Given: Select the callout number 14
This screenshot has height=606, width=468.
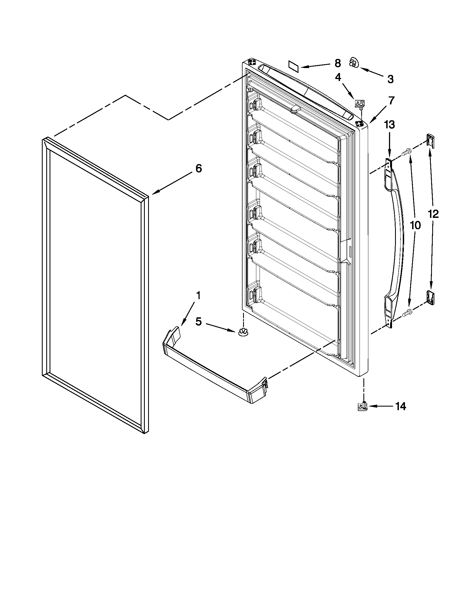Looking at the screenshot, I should tap(400, 406).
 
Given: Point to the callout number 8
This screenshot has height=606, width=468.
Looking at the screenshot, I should tap(337, 63).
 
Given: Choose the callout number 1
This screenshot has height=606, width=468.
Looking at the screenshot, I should tap(198, 296).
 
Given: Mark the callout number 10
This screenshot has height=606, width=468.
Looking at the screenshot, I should tap(415, 225).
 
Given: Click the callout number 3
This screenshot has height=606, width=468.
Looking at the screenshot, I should tap(390, 79).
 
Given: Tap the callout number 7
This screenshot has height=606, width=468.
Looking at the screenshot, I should tap(391, 101).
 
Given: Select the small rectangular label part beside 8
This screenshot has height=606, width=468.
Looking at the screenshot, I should tap(293, 67).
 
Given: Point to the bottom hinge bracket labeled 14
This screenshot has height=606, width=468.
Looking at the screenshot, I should tap(362, 407).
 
